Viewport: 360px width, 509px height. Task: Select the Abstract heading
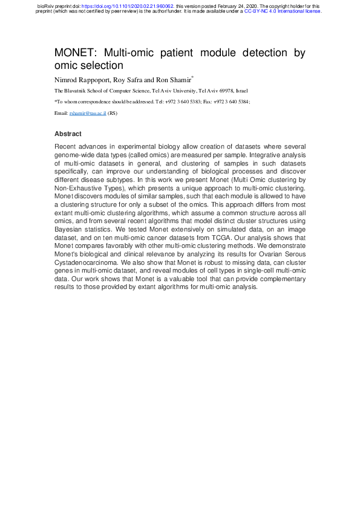click(68, 134)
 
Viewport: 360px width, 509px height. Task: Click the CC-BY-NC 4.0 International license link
click(283, 11)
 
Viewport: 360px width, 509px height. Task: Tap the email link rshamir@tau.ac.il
click(88, 113)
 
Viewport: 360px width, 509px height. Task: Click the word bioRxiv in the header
click(45, 5)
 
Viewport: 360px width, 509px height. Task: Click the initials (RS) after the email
click(112, 113)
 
